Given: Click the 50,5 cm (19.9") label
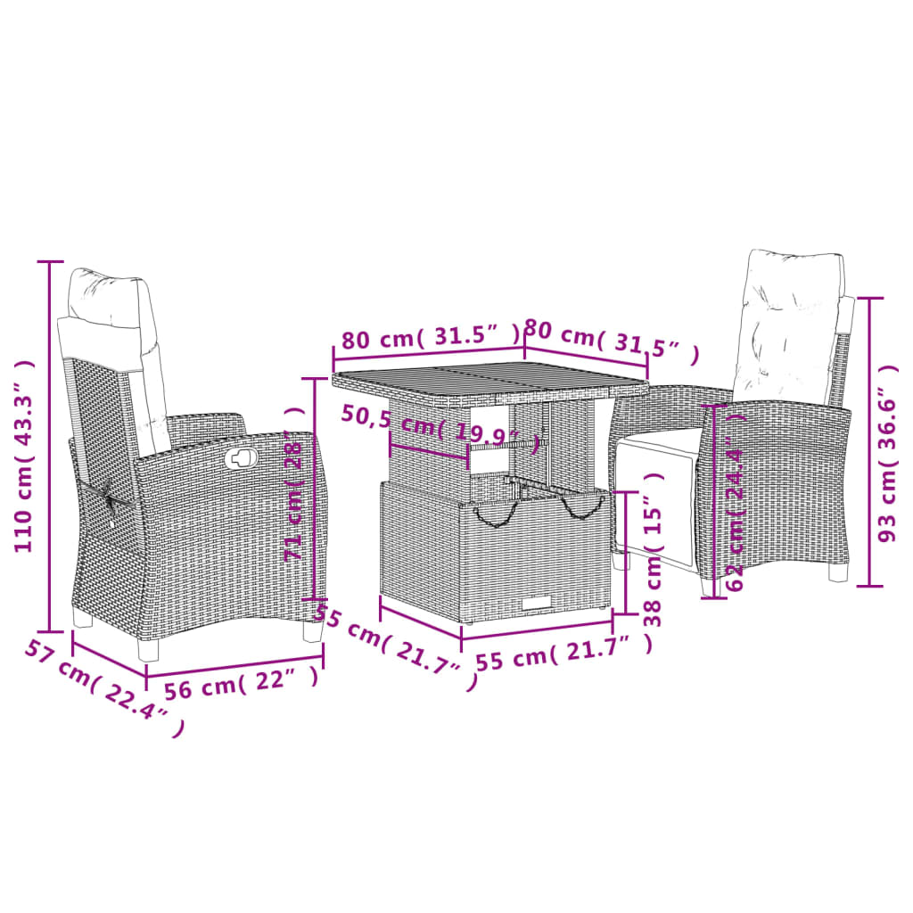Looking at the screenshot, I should coord(441,426).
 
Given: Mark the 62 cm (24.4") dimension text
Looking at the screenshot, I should coord(736,504).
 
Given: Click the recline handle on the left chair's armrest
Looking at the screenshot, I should coord(240,458).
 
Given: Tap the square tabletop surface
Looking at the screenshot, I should coord(490,381).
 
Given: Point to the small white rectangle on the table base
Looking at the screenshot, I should coord(538,605).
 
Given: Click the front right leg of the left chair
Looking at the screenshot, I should coord(312,631).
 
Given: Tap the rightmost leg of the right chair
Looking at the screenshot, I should coord(838,572).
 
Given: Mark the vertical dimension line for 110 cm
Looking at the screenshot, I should coord(51,446).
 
